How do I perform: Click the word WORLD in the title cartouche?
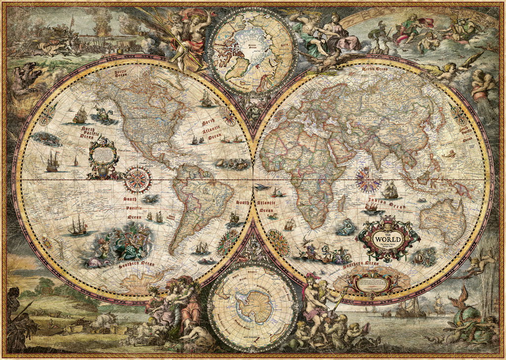[x=388, y=240]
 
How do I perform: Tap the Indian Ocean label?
[x=386, y=203]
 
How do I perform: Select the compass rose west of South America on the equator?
[x=137, y=179]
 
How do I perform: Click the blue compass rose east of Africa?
[x=368, y=179]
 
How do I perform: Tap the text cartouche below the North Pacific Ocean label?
[x=104, y=157]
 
